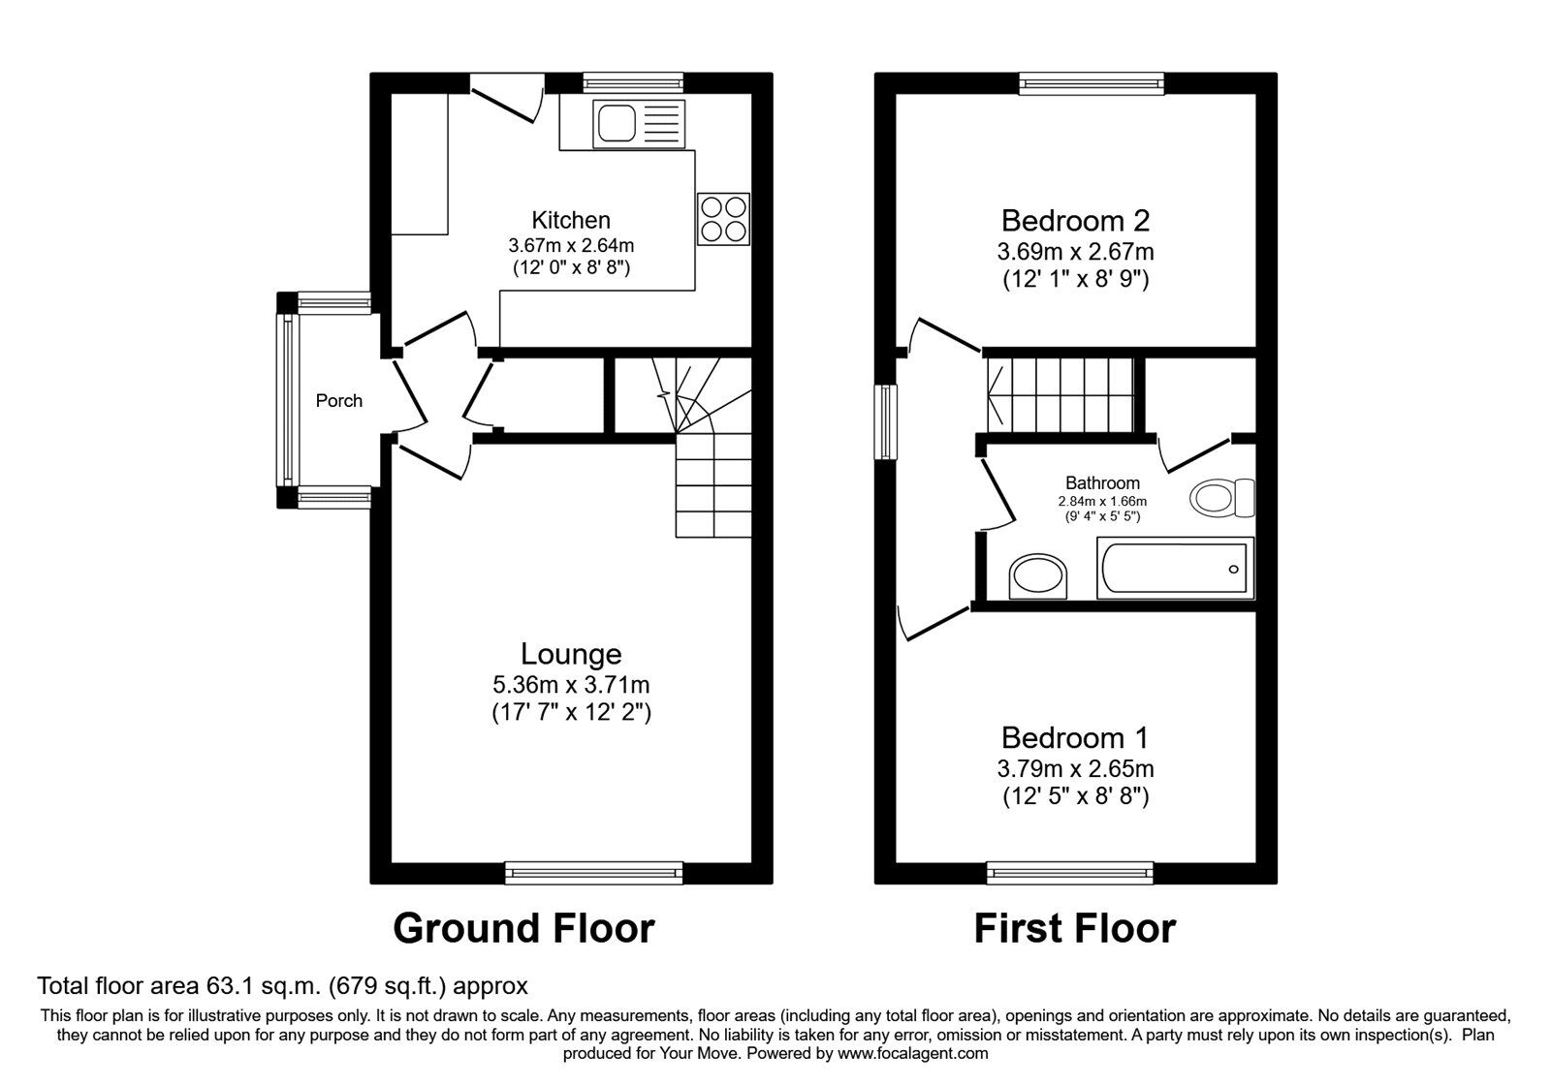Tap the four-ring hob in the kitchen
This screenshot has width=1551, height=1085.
[x=723, y=219]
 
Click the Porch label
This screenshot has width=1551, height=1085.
[x=339, y=400]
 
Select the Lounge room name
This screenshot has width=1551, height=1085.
[x=571, y=654]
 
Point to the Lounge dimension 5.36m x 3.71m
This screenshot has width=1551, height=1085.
[x=571, y=685]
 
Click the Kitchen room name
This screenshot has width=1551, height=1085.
[x=571, y=220]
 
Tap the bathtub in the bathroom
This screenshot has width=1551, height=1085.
[x=1175, y=568]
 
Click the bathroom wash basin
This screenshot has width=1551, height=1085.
[x=1037, y=578]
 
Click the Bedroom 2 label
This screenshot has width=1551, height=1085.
[x=1075, y=220]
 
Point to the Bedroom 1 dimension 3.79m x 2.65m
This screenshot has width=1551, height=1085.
[x=1075, y=769]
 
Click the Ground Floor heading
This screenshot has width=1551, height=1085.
[x=523, y=928]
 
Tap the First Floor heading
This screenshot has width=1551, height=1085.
[x=1074, y=928]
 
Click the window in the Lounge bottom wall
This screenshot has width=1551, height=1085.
[x=593, y=873]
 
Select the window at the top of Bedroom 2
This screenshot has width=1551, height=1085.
[x=1092, y=84]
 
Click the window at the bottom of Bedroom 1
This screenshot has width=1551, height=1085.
[x=1070, y=873]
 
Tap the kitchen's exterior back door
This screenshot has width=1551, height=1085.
[x=506, y=99]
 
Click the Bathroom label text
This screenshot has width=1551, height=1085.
[x=1102, y=482]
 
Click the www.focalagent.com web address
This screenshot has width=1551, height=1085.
[x=912, y=1053]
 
